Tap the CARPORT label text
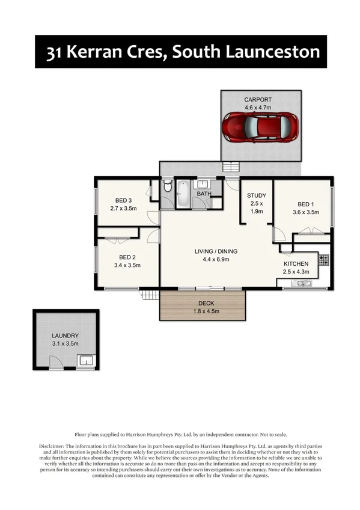258,99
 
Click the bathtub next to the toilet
183,194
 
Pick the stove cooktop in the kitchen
323,260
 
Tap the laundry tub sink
85,361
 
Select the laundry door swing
55,361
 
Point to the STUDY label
257,195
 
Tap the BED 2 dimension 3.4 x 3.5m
127,265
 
